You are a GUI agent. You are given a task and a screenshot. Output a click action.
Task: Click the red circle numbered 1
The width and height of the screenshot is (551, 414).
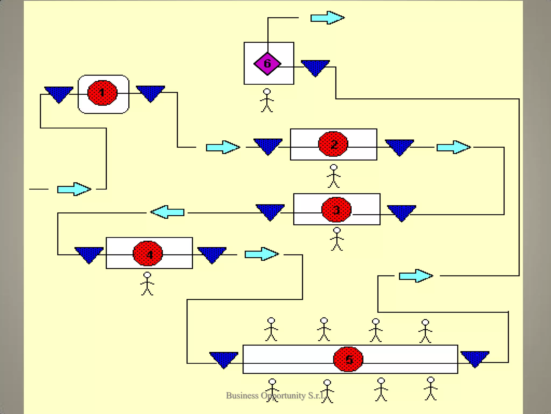[102, 93]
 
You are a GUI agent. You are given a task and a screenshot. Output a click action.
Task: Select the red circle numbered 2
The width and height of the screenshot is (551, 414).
[333, 144]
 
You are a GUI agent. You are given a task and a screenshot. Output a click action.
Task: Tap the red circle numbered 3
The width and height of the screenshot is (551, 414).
[336, 209]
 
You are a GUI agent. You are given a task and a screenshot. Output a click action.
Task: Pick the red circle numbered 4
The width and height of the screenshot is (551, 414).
[148, 254]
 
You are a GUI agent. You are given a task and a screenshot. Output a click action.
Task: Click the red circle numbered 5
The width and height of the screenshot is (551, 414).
[348, 359]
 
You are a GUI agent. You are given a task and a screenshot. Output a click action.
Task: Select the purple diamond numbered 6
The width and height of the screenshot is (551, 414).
[267, 64]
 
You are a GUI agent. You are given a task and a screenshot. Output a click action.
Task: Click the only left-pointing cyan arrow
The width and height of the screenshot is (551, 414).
[167, 212]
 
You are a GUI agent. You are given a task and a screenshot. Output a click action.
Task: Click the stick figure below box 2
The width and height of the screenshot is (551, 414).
[334, 176]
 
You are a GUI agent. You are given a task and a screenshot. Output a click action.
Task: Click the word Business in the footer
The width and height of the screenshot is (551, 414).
[242, 395]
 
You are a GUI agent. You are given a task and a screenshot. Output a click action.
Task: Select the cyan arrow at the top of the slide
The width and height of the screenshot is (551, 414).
[327, 18]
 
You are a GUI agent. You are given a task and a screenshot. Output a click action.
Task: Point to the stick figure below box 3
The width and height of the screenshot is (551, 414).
[337, 239]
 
